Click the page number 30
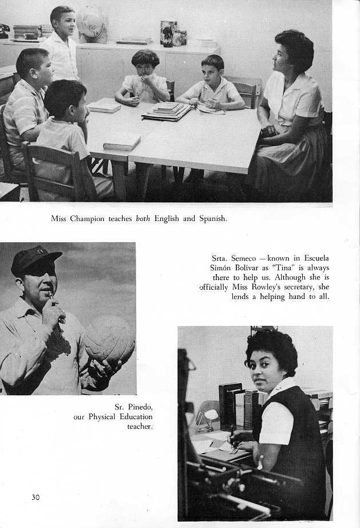pos(35,497)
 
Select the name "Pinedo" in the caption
pos(140,407)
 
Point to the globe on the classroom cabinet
pos(93,23)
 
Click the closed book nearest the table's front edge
pos(121,141)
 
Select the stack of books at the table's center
pos(167,111)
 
